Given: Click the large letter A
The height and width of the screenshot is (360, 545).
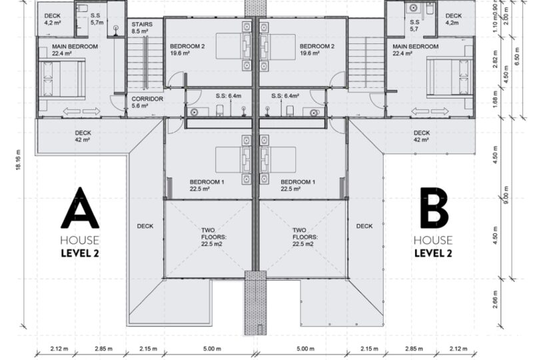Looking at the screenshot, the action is click(80, 208).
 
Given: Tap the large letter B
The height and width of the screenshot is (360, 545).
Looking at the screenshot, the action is click(434, 208).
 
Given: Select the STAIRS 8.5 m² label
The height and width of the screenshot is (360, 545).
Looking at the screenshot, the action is click(142, 28).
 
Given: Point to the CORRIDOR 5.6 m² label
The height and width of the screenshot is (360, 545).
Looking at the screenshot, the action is click(147, 102).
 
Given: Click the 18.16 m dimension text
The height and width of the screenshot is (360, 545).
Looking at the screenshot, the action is click(19, 159).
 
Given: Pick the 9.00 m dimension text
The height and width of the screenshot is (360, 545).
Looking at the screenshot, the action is click(506, 195).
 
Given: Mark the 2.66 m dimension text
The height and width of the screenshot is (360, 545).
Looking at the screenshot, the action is click(495, 299).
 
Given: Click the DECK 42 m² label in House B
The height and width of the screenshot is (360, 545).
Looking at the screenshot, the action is click(422, 137).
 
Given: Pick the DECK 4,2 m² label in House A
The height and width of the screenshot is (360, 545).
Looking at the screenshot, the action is click(53, 19).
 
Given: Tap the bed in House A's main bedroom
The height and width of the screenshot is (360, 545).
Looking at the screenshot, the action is click(62, 79).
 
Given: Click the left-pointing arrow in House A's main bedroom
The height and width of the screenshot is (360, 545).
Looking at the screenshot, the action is click(71, 111).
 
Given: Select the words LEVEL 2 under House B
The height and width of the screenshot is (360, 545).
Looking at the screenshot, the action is click(433, 253).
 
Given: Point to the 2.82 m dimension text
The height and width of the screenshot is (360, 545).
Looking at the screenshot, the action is click(495, 59).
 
